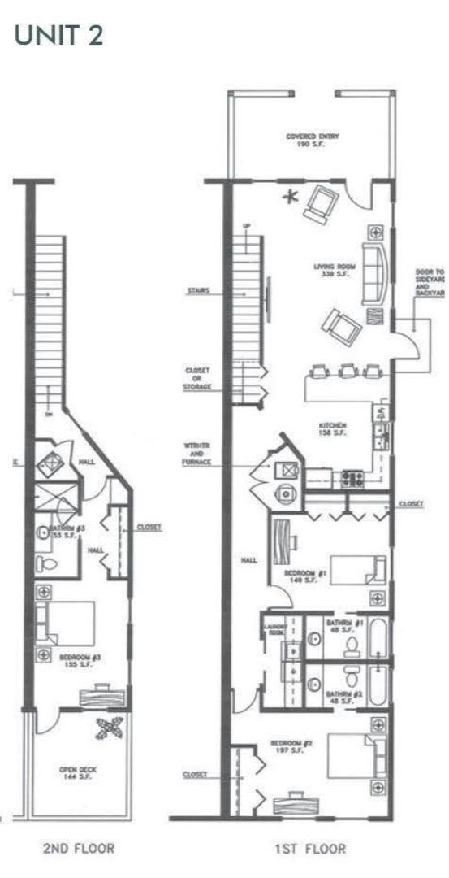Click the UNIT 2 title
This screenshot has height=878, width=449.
click(x=59, y=35)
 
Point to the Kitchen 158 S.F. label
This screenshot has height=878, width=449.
click(x=334, y=429)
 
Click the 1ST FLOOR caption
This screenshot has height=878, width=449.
click(x=310, y=849)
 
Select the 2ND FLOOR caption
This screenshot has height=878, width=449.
click(x=78, y=849)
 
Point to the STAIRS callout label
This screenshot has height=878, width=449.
click(x=198, y=289)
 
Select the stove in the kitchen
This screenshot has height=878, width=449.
click(x=353, y=478)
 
